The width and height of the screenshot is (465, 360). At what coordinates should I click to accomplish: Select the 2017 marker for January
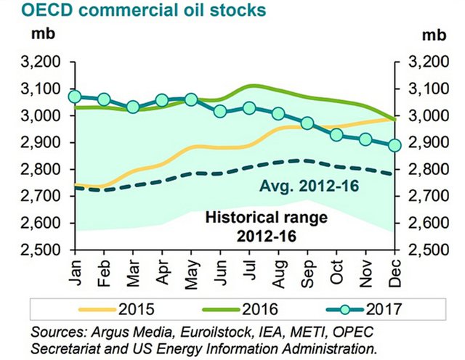(73, 97)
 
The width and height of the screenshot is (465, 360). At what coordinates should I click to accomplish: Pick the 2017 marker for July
(249, 108)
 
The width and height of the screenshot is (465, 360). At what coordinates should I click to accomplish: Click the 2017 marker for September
(307, 123)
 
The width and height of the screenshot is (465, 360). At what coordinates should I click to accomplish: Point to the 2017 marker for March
(132, 107)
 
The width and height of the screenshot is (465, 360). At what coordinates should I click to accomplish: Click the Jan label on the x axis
(75, 271)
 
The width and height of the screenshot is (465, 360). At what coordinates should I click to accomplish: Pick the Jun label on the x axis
(220, 271)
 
